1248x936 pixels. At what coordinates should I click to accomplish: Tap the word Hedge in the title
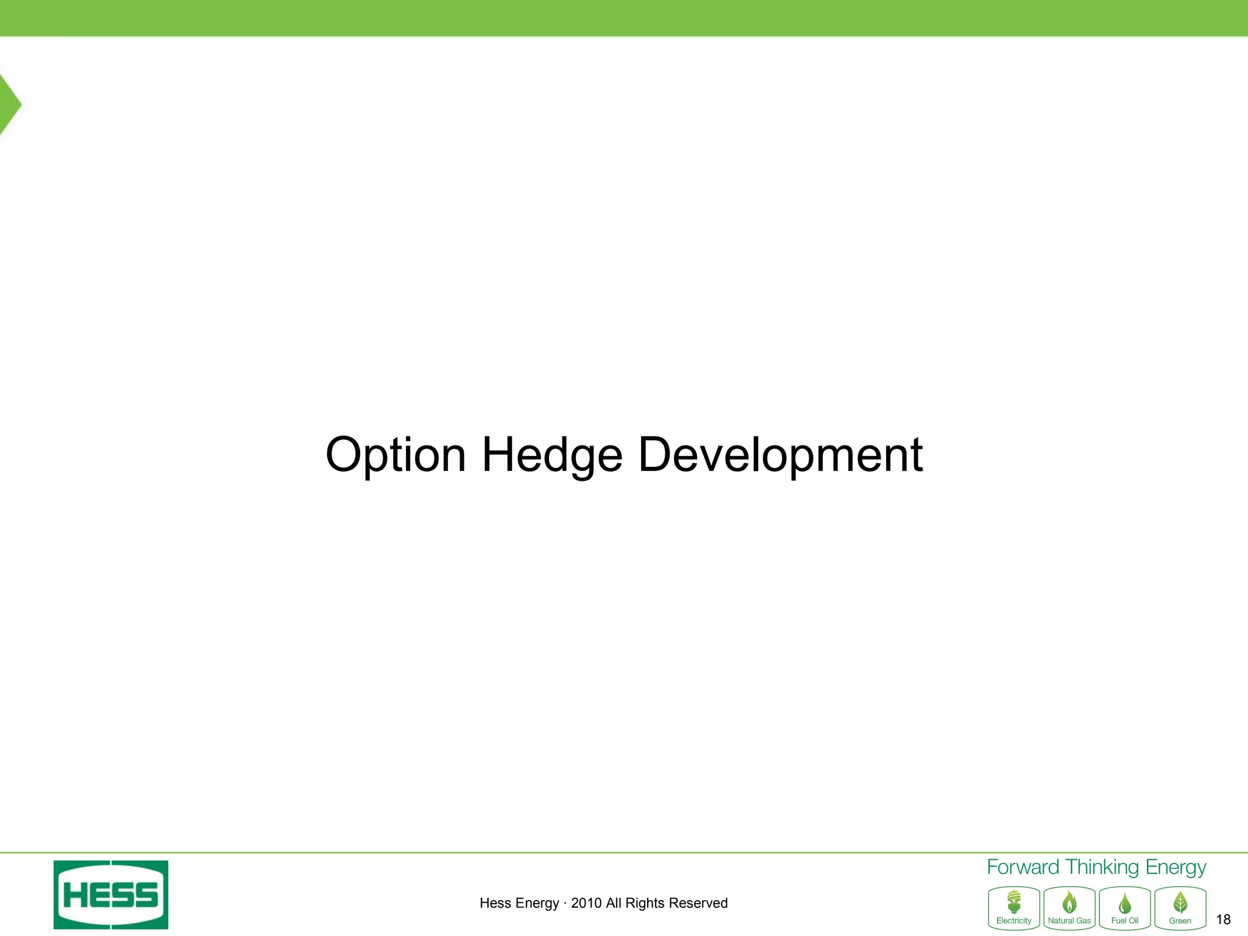pyautogui.click(x=552, y=455)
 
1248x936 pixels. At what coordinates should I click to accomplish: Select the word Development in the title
pyautogui.click(x=780, y=455)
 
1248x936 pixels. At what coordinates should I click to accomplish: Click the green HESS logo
pyautogui.click(x=111, y=895)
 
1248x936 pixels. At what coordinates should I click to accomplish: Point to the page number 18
pyautogui.click(x=1223, y=920)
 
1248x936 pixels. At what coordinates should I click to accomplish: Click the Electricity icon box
pyautogui.click(x=1014, y=908)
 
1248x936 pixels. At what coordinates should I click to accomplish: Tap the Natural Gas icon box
pyautogui.click(x=1069, y=908)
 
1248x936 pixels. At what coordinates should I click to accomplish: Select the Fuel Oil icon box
pyautogui.click(x=1125, y=908)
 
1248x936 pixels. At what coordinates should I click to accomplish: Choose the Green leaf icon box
pyautogui.click(x=1180, y=908)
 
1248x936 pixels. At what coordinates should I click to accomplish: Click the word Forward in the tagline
pyautogui.click(x=1023, y=867)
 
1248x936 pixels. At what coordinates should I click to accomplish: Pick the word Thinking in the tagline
pyautogui.click(x=1102, y=867)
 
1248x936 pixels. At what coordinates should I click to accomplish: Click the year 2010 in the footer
pyautogui.click(x=586, y=903)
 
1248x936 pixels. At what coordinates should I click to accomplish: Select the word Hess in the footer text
pyautogui.click(x=495, y=903)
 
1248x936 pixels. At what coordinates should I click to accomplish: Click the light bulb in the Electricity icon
pyautogui.click(x=1014, y=901)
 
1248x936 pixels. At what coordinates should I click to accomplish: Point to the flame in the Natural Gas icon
pyautogui.click(x=1069, y=902)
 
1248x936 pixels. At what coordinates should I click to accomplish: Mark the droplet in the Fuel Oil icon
pyautogui.click(x=1125, y=902)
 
